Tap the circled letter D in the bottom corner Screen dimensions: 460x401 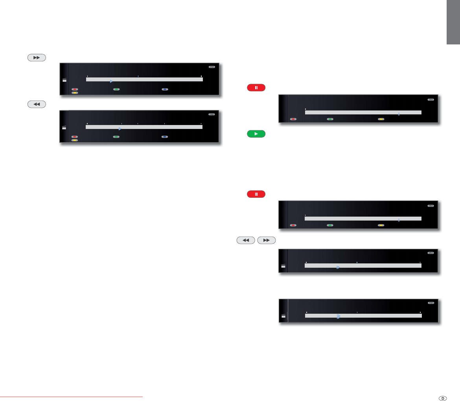tap(443, 398)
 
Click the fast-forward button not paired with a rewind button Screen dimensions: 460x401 tap(37, 57)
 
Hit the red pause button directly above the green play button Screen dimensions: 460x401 tap(256, 87)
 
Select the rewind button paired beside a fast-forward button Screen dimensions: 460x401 tap(246, 241)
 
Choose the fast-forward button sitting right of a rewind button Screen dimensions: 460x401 tap(266, 241)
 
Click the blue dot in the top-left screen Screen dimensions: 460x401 tap(165, 89)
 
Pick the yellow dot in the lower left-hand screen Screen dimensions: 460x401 tap(74, 140)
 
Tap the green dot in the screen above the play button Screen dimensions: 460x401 tap(330, 119)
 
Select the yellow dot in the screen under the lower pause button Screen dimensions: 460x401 tap(381, 225)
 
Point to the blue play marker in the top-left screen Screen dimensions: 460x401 tap(111, 81)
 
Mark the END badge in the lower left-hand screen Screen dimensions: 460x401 tap(212, 114)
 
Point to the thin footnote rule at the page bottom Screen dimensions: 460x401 tap(71, 397)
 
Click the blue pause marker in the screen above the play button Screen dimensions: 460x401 tap(399, 114)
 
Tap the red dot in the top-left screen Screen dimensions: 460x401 tap(74, 89)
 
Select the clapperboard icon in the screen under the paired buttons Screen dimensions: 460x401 tap(283, 266)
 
